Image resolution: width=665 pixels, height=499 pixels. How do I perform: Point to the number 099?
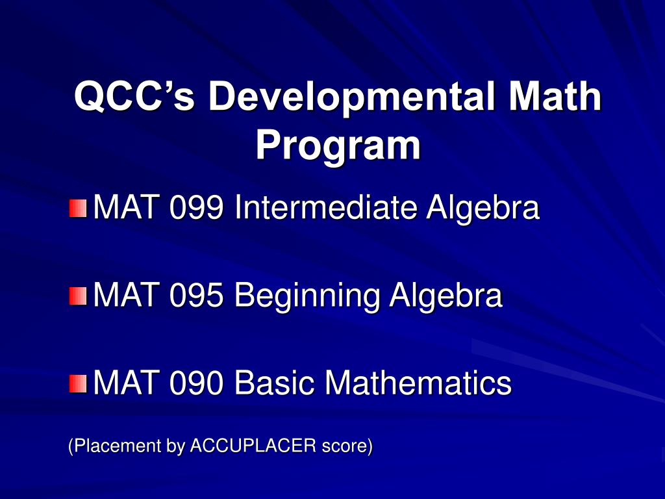click(197, 209)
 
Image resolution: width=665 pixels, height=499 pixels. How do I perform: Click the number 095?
click(197, 296)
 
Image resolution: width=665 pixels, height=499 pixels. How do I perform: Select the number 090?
click(197, 383)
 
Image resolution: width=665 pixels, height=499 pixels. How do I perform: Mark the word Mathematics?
click(418, 383)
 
